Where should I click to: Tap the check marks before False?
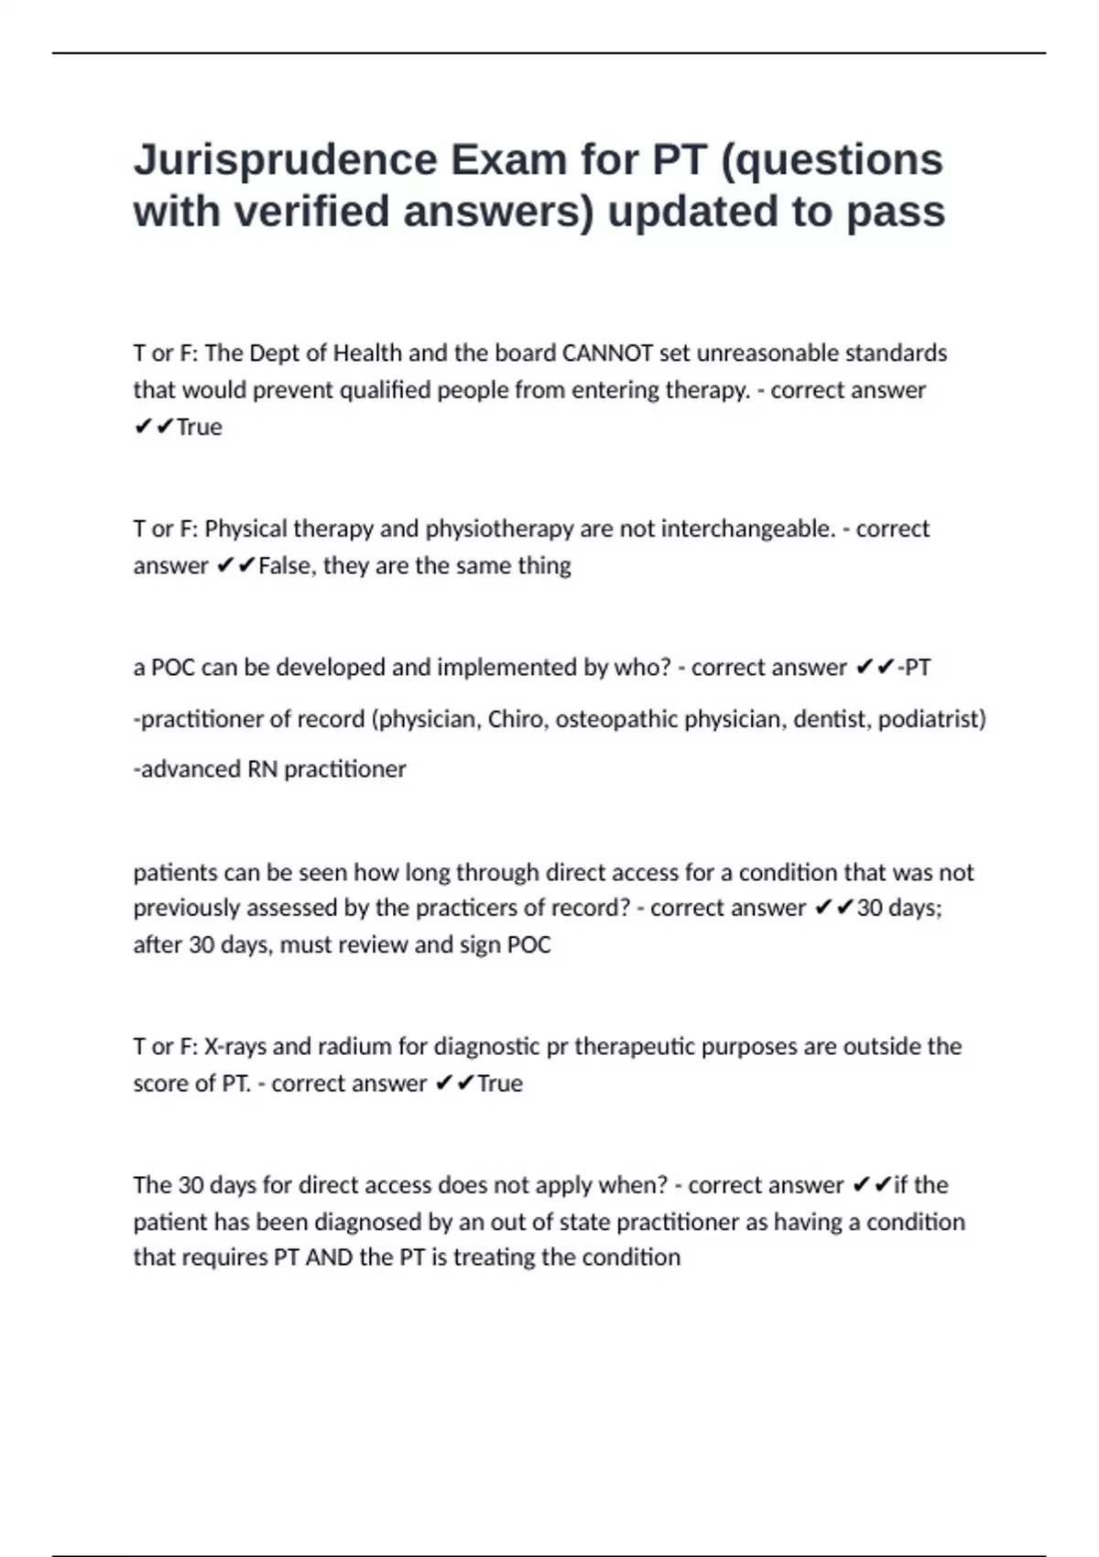(x=236, y=566)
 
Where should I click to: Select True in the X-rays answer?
(x=499, y=1083)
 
